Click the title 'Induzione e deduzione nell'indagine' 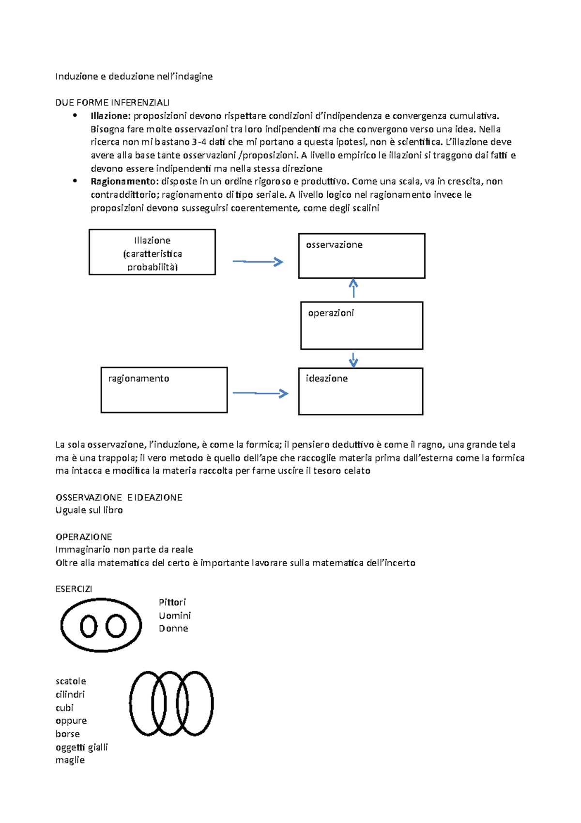(134, 76)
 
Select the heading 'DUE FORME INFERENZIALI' (112, 102)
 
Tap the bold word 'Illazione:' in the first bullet (110, 116)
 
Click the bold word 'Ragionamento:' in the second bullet (124, 181)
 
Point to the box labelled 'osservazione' (361, 256)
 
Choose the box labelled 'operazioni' (361, 325)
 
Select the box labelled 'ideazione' (360, 391)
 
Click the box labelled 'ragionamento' (164, 390)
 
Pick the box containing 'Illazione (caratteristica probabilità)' (152, 252)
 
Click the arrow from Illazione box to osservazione (258, 262)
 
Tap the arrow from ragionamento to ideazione (260, 393)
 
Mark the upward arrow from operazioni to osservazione (353, 288)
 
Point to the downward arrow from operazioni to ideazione (353, 360)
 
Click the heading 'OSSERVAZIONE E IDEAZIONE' (119, 497)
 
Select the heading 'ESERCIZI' (74, 589)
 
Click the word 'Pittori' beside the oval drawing (172, 602)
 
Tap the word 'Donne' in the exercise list (173, 628)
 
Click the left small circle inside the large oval (89, 626)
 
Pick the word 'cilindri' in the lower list (70, 694)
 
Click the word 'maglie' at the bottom (70, 760)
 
